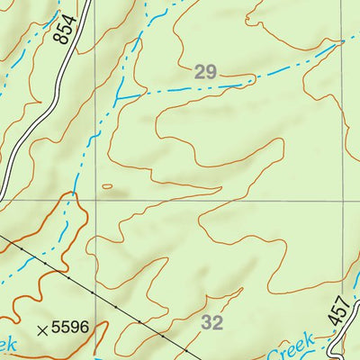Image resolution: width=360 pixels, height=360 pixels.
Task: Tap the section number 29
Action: (x=205, y=73)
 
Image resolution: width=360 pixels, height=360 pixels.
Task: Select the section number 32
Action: (x=212, y=321)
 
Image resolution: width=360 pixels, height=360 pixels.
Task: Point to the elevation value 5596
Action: (x=71, y=328)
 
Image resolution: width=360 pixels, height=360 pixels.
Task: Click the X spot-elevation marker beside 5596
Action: (x=41, y=329)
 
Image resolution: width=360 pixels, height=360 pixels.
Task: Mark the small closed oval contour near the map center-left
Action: (x=108, y=187)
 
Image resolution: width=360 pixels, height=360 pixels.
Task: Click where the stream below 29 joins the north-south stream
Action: (x=117, y=97)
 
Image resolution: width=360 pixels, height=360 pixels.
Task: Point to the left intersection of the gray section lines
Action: (x=94, y=200)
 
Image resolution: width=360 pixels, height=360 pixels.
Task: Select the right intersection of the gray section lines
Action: (x=345, y=200)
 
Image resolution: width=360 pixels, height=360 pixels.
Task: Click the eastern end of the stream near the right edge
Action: (x=344, y=41)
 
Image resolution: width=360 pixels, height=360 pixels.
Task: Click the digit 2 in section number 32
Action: (x=219, y=321)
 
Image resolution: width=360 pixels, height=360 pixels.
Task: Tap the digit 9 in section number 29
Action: (x=211, y=73)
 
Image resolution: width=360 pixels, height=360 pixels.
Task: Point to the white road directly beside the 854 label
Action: (x=76, y=36)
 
